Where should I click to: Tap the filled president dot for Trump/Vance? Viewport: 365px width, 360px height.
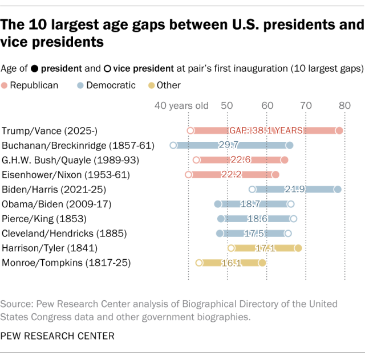point(339,130)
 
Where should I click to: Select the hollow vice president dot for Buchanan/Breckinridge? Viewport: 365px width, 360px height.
point(173,145)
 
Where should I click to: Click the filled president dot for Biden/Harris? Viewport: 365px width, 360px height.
point(338,189)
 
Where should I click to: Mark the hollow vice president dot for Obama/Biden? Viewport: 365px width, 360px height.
point(291,204)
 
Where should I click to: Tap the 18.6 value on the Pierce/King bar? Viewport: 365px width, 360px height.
point(257,219)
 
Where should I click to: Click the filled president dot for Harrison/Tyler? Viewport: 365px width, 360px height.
point(298,248)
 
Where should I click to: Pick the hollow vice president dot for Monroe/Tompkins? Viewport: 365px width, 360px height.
point(199,263)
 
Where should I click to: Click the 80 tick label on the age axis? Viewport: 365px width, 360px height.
point(344,106)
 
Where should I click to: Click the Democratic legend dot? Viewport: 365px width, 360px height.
point(81,85)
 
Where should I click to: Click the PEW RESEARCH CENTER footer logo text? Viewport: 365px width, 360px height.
point(58,336)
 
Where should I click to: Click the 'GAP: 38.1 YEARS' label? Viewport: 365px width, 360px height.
point(266,130)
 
